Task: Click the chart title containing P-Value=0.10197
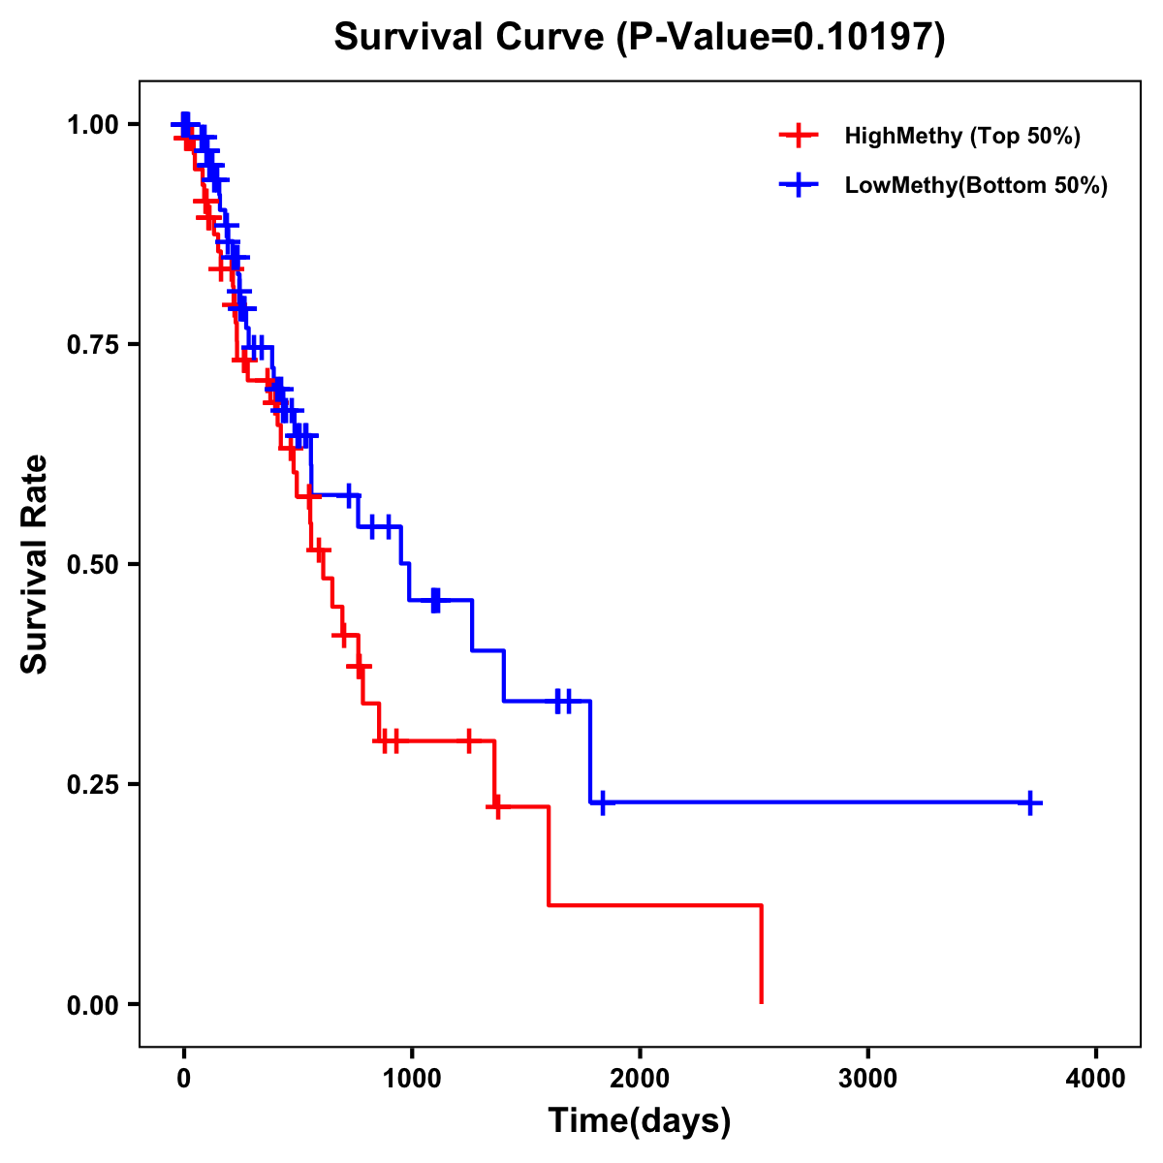(x=639, y=38)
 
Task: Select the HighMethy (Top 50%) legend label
(x=961, y=136)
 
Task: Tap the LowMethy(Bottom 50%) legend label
(x=975, y=185)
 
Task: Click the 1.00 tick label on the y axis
(x=92, y=124)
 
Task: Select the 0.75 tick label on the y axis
(x=92, y=344)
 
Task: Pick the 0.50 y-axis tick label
(x=92, y=564)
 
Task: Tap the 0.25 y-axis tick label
(x=92, y=784)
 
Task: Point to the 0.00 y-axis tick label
(x=92, y=1004)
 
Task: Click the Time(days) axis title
(x=639, y=1121)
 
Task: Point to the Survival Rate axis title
(x=35, y=564)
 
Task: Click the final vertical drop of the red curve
(x=761, y=955)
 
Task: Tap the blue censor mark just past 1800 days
(x=602, y=802)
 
